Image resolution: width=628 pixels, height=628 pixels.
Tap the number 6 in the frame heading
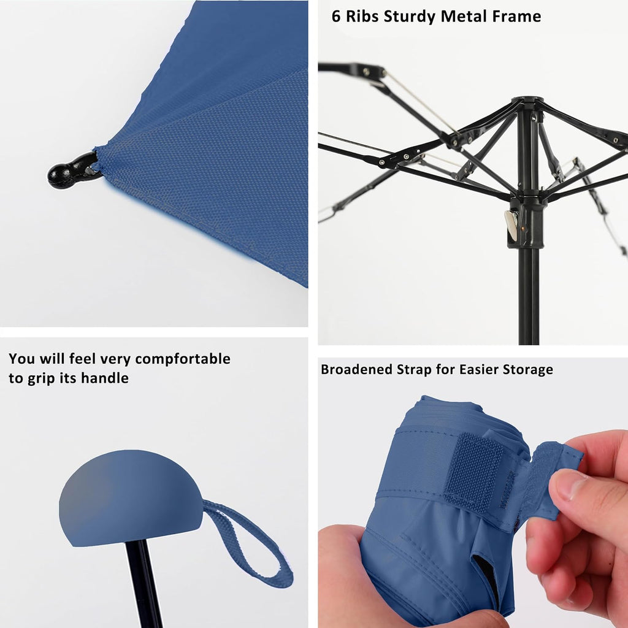click(336, 17)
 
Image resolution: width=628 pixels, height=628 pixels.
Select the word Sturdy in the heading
click(409, 17)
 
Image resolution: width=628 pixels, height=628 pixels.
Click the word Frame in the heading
click(516, 17)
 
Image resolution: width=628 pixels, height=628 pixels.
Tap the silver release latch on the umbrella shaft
click(511, 225)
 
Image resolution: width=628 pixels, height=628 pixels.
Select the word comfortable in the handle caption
click(183, 359)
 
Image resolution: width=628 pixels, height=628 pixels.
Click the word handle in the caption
click(105, 378)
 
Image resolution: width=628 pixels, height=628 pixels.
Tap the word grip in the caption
click(42, 379)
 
